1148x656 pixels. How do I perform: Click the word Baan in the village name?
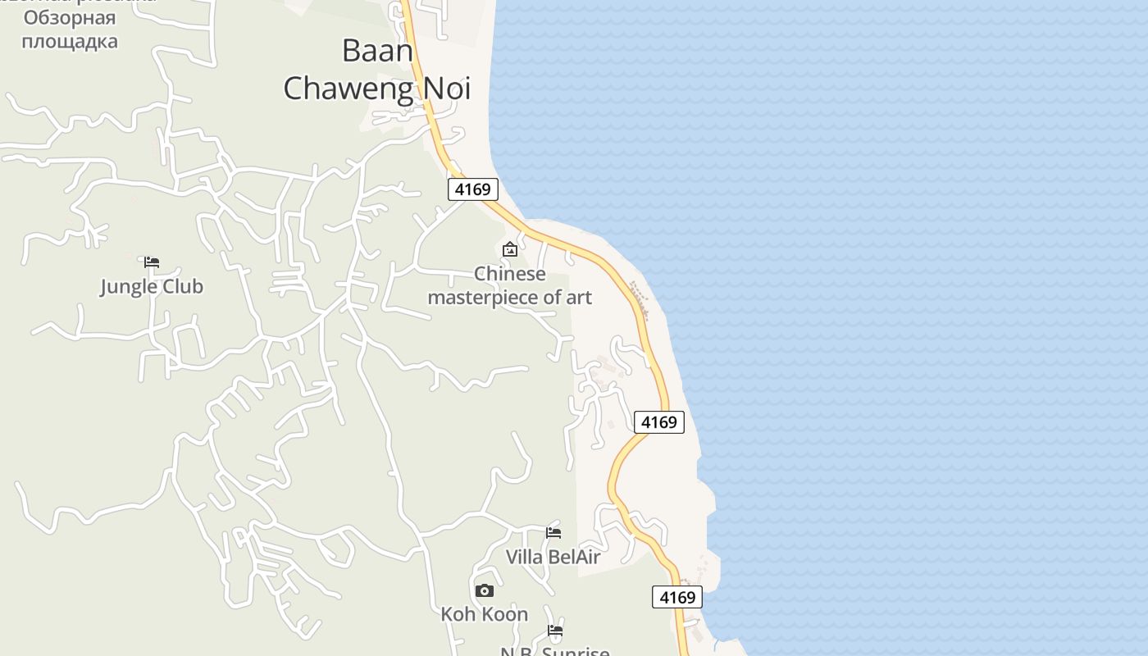377,51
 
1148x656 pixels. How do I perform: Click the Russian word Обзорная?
69,18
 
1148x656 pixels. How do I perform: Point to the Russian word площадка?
69,40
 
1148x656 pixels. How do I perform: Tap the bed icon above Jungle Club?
152,263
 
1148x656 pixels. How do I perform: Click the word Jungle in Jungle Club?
129,287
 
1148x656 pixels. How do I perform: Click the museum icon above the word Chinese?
510,249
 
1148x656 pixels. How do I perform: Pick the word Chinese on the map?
509,274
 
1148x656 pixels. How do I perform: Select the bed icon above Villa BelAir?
553,533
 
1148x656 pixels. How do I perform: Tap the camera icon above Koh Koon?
485,590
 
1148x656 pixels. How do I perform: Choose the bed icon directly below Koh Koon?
555,631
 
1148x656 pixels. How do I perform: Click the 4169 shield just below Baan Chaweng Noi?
473,189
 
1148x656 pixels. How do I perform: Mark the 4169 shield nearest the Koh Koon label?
677,597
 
